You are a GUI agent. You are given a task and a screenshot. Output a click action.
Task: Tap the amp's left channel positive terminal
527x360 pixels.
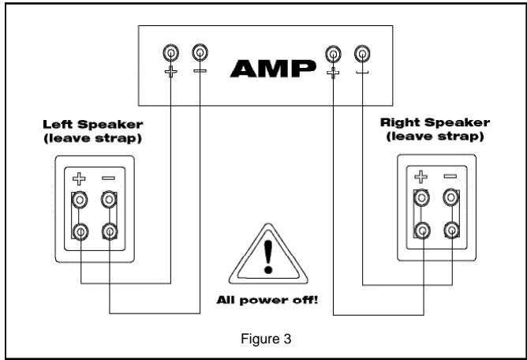click(x=170, y=54)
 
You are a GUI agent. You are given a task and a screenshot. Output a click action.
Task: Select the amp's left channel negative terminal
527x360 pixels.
click(x=200, y=54)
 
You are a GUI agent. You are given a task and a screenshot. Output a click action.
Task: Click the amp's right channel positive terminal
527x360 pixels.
click(x=334, y=54)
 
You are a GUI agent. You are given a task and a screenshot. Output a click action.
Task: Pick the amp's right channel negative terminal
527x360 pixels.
click(x=362, y=54)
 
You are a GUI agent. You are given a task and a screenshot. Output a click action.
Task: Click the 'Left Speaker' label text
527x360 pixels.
click(x=88, y=125)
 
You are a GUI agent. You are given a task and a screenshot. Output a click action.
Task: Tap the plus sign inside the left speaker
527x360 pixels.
click(x=80, y=178)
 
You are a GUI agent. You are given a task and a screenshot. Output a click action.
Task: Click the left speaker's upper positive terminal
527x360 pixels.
click(x=80, y=201)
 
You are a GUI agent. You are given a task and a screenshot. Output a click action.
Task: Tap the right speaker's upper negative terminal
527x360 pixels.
click(x=451, y=198)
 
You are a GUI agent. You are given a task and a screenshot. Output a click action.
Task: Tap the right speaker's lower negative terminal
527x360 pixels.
click(x=451, y=231)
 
